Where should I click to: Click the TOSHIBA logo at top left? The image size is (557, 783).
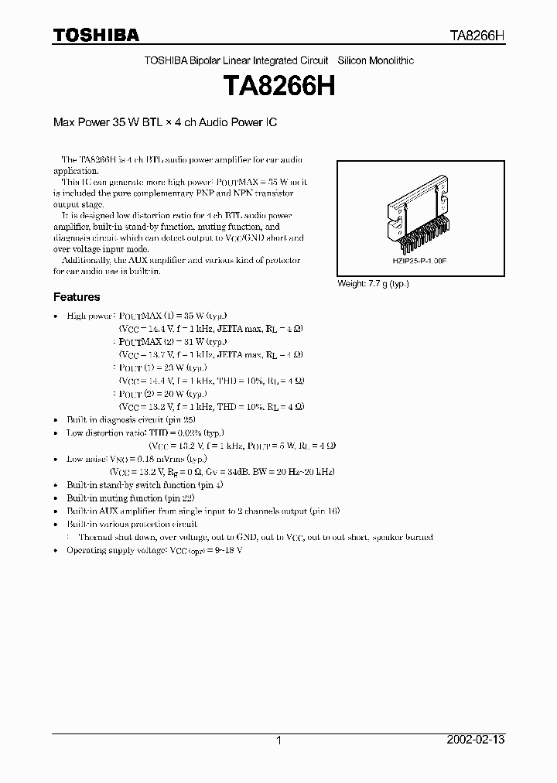96,35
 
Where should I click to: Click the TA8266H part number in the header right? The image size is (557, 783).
477,36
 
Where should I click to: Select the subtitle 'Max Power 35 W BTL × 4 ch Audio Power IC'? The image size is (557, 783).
165,122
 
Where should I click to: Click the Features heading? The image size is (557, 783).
77,297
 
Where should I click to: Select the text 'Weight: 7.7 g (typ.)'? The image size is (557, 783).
373,284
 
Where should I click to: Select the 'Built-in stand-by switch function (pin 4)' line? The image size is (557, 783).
145,484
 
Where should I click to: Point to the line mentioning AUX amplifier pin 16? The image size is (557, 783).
203,511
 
